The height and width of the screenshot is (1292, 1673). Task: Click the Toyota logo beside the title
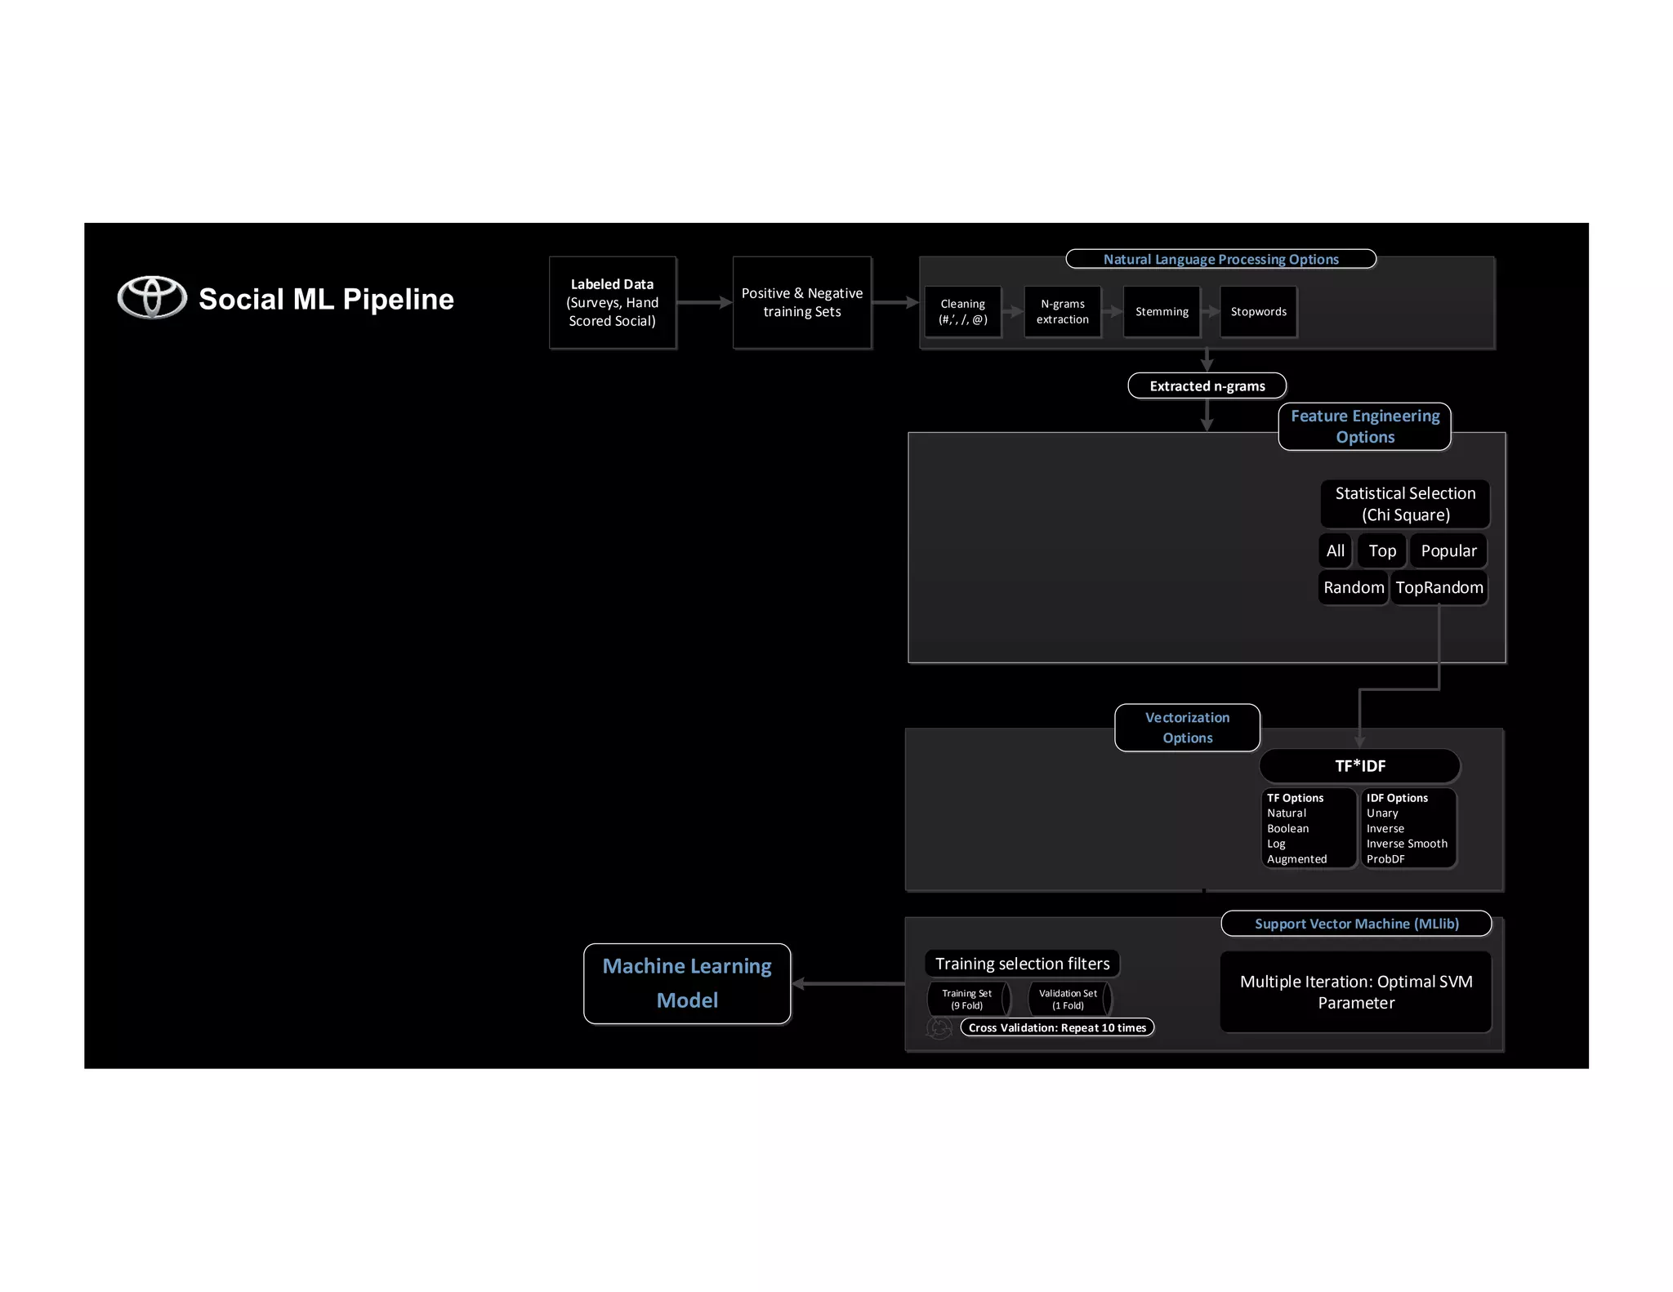tap(152, 297)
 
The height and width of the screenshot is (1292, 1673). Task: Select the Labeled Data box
tap(613, 303)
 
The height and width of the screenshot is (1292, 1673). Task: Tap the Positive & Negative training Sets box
tap(802, 303)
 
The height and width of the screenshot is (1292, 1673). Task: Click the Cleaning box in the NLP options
tap(962, 311)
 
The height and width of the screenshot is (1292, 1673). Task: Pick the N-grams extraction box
tap(1062, 311)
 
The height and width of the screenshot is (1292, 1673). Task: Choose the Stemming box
tap(1162, 311)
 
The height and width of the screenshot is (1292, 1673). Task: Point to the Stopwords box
tap(1258, 311)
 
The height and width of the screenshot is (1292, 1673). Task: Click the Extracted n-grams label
tap(1207, 385)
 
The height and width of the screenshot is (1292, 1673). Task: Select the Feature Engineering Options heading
tap(1364, 426)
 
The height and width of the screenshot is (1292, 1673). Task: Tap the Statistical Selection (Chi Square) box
tap(1405, 504)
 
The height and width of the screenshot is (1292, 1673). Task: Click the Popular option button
tap(1448, 550)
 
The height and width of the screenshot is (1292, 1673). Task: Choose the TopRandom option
tap(1439, 587)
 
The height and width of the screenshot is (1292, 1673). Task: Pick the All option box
tap(1335, 550)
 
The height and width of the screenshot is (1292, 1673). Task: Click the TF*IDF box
tap(1359, 766)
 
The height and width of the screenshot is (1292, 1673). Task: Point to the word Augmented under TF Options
tap(1296, 859)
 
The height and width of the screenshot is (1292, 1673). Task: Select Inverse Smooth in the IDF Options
tap(1407, 844)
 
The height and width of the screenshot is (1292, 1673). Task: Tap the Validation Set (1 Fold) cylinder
tap(1068, 999)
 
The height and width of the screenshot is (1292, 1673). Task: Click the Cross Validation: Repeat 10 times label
tap(1057, 1027)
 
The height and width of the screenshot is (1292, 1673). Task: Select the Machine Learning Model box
tap(687, 983)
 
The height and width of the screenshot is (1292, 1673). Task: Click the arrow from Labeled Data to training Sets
tap(704, 302)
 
